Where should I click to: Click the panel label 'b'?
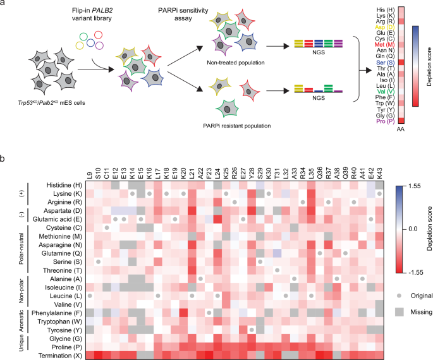click(x=4, y=155)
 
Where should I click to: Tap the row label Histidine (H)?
click(x=60, y=184)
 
